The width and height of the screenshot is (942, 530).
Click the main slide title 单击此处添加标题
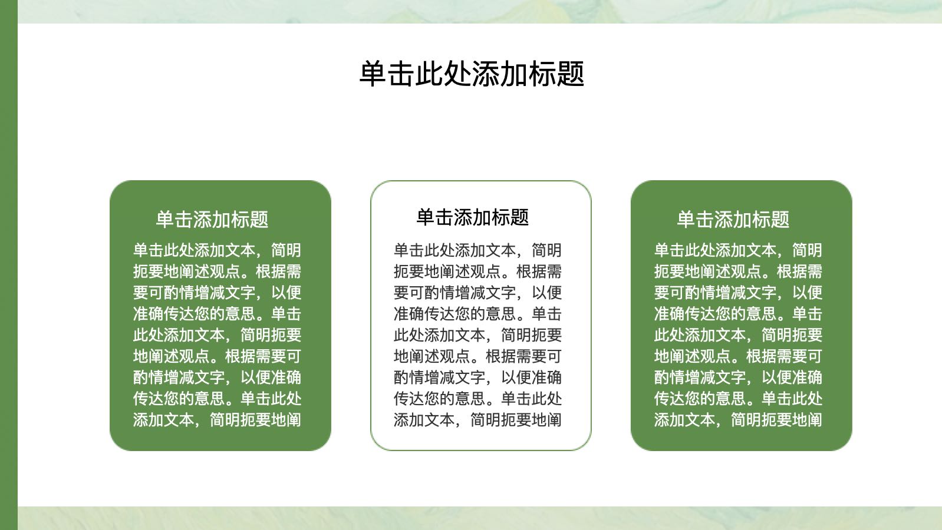click(472, 74)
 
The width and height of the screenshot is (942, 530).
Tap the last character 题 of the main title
click(571, 74)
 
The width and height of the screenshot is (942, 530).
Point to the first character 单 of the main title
click(373, 74)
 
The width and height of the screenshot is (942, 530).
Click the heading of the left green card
click(212, 219)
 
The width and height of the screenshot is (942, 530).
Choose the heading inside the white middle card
click(473, 217)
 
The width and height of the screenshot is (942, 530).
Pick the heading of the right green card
click(733, 219)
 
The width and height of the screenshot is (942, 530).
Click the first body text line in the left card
click(217, 250)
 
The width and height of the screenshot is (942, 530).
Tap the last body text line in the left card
click(217, 419)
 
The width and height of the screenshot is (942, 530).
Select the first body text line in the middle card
click(477, 250)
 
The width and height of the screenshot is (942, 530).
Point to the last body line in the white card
click(477, 419)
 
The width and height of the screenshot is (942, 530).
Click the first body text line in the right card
click(738, 250)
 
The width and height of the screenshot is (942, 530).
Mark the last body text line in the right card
click(738, 419)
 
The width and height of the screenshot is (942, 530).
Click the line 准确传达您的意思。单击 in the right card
click(738, 314)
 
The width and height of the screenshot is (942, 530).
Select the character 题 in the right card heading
click(780, 219)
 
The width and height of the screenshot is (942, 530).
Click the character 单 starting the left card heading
click(165, 219)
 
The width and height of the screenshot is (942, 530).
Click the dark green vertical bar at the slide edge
click(9, 265)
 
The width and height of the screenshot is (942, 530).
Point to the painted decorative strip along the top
click(480, 12)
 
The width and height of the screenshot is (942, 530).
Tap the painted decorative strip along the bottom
click(480, 518)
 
